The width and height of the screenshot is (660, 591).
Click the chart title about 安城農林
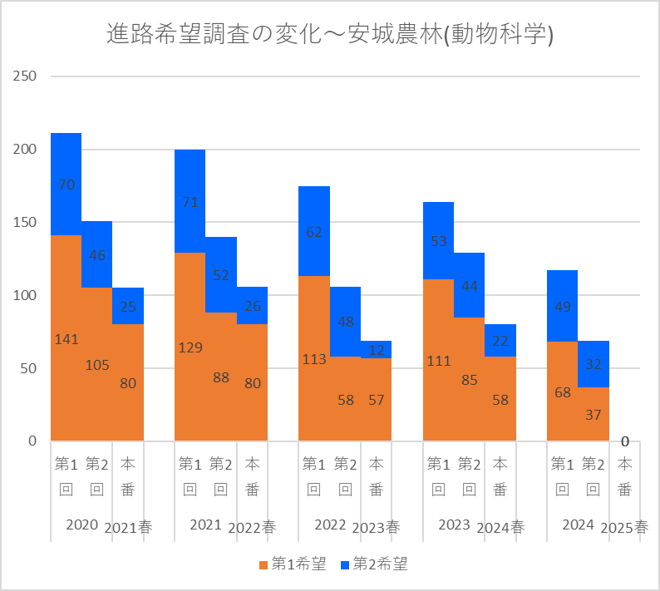[x=330, y=34]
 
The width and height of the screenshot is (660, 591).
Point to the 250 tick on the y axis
[x=25, y=76]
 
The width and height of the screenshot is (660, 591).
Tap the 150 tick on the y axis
[x=25, y=222]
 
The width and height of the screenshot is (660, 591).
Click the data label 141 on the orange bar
[x=66, y=339]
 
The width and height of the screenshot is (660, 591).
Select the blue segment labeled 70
[x=66, y=185]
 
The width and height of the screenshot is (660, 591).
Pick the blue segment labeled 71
[x=190, y=201]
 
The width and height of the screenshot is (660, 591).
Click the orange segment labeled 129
[x=190, y=347]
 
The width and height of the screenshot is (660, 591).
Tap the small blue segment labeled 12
[x=377, y=349]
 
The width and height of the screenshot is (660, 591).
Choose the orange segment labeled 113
[x=314, y=359]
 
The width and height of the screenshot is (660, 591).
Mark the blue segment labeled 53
[x=439, y=241]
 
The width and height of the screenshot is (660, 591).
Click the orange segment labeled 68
[x=563, y=392]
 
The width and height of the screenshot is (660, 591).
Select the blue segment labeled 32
[x=594, y=364]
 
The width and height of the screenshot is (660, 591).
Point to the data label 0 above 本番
[x=624, y=441]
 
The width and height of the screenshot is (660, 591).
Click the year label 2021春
[x=129, y=527]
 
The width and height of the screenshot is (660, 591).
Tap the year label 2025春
[x=624, y=527]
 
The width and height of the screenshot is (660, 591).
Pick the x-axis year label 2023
[x=455, y=525]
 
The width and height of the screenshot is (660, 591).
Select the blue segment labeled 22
[x=500, y=341]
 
